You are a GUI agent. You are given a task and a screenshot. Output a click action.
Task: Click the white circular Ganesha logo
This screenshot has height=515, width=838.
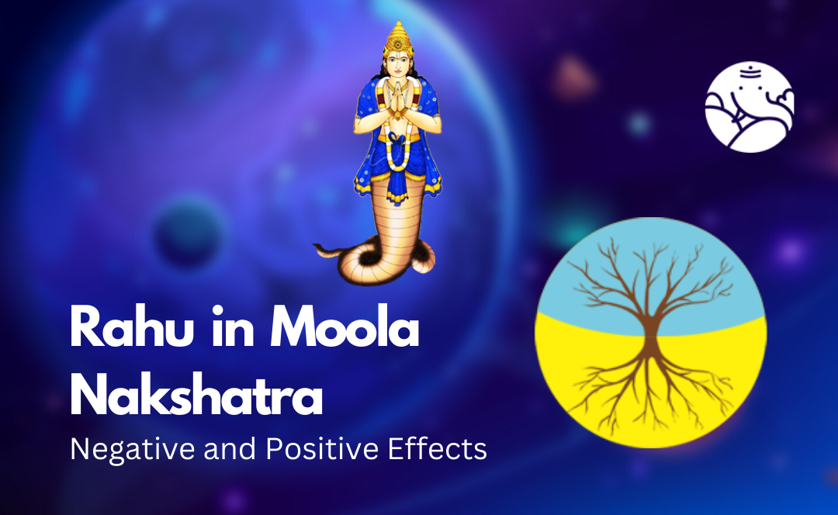749,108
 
